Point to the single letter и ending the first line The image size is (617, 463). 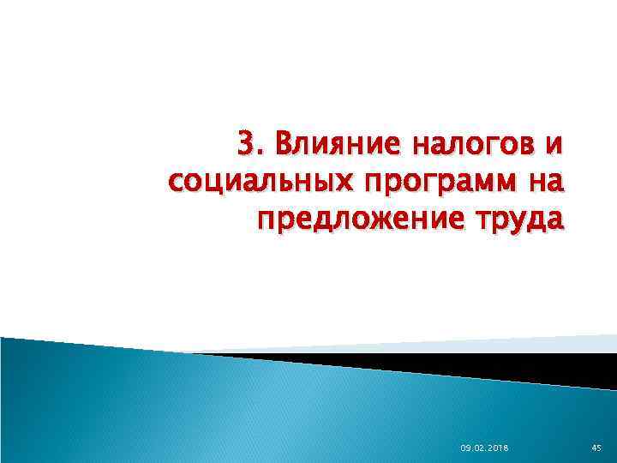click(555, 147)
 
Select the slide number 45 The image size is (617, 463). click(596, 448)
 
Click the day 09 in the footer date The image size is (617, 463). click(465, 448)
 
